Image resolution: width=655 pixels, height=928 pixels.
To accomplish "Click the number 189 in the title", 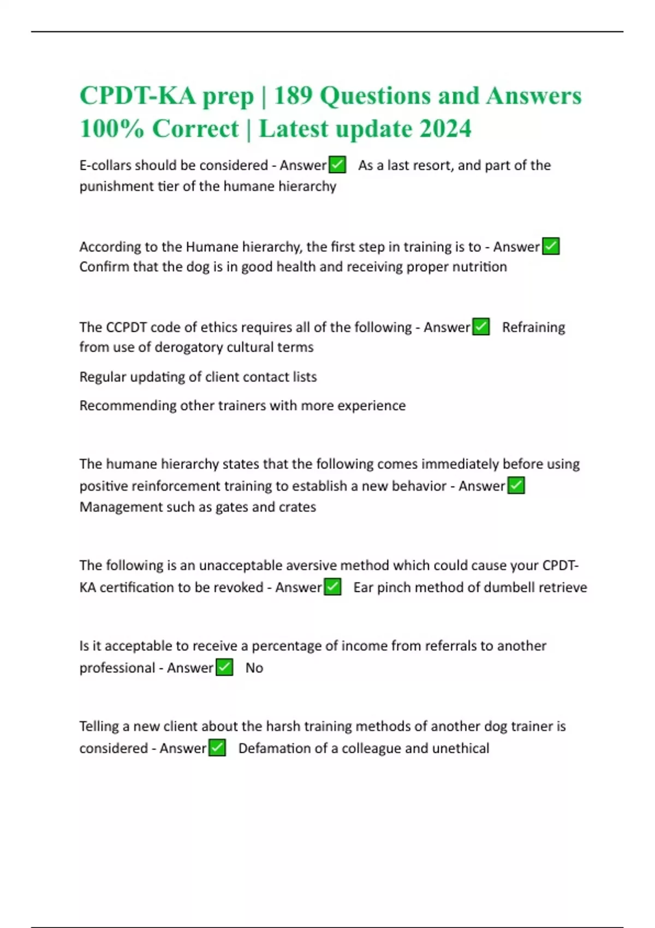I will point(293,96).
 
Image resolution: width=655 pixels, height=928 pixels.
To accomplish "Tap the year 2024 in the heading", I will point(445,129).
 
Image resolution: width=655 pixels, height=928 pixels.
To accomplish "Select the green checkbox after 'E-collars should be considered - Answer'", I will point(337,165).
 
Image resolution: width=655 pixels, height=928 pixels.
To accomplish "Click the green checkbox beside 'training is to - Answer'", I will point(551,247).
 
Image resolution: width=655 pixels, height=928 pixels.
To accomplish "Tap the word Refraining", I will point(533,327).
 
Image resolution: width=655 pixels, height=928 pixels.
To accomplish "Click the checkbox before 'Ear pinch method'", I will point(332,587).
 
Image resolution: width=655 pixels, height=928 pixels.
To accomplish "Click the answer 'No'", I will point(254,668).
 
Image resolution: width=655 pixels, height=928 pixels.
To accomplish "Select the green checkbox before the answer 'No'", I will point(224,668).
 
